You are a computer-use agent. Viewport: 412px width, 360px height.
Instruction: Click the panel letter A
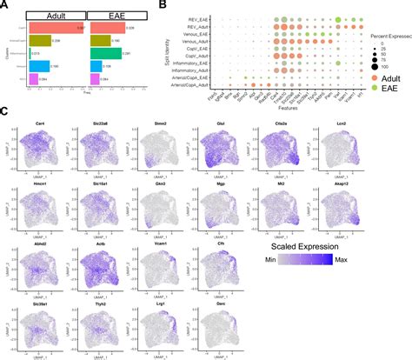point(7,7)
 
